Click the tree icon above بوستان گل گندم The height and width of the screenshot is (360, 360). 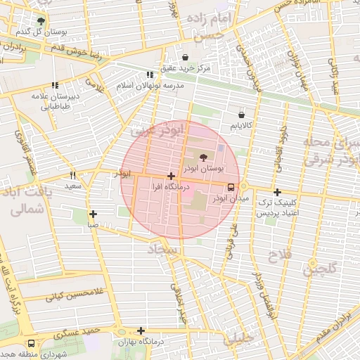41,21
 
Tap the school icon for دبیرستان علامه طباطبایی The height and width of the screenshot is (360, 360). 55,85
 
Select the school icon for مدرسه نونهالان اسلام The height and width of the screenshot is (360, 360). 149,75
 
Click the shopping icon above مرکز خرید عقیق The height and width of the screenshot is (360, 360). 185,58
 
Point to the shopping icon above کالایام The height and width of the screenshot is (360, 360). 241,114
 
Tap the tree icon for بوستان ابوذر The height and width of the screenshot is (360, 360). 204,158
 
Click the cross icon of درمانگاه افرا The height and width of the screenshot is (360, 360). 171,176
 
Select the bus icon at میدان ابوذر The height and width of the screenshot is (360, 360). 231,187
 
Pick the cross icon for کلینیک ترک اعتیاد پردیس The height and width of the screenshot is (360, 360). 277,192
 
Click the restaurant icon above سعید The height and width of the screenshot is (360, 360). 72,175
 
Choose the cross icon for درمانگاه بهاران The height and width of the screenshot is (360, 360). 141,330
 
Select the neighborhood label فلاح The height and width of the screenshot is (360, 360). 274,256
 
